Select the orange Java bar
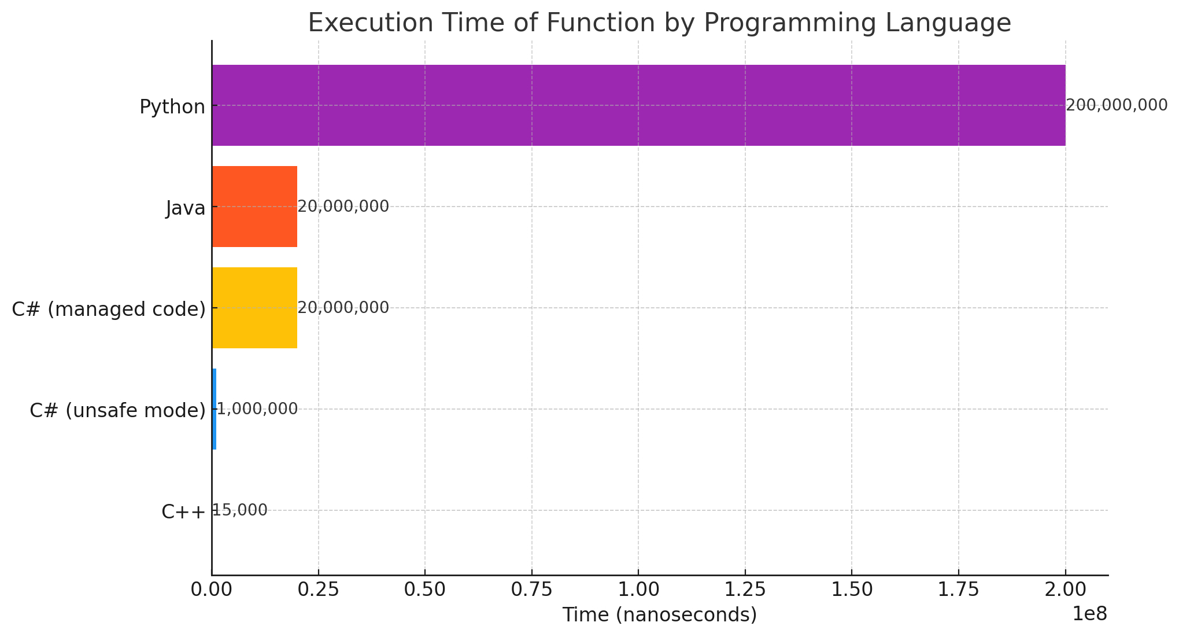click(254, 207)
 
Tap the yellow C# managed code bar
click(254, 308)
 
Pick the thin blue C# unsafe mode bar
click(214, 409)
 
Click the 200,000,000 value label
click(1116, 105)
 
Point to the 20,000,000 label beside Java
click(343, 207)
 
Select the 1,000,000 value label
click(257, 409)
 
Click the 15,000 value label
click(240, 510)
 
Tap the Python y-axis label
click(172, 107)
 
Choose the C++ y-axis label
click(183, 512)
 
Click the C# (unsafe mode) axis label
click(117, 411)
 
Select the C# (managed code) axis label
click(109, 310)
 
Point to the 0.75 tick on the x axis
click(531, 590)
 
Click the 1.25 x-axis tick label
click(745, 590)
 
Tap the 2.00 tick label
click(1065, 590)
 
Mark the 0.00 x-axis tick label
click(212, 590)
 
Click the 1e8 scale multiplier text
click(1090, 614)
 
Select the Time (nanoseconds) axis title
click(660, 615)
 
